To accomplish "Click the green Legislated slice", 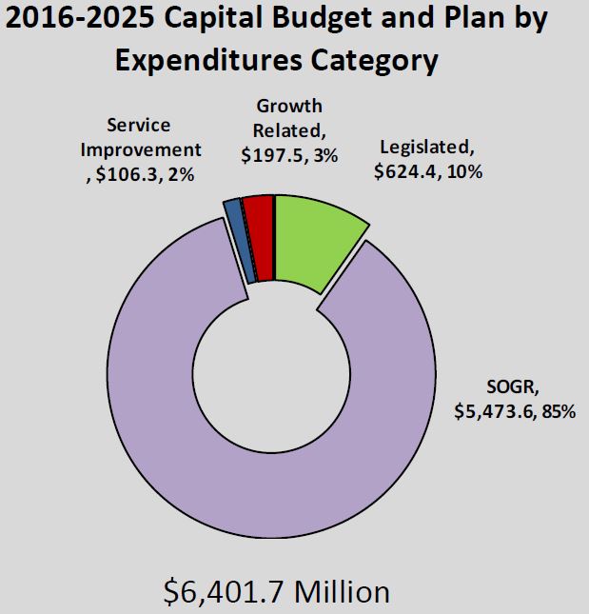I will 314,238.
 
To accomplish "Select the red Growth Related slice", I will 260,237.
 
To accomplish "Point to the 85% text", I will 556,413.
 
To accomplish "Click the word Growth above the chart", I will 289,107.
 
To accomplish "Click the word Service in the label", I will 139,125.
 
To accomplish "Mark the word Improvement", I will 141,149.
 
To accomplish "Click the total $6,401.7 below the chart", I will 226,591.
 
